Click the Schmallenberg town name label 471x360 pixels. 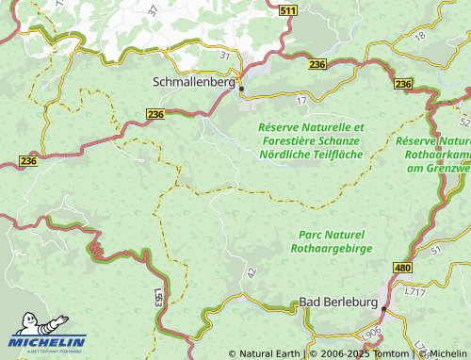pyautogui.click(x=193, y=82)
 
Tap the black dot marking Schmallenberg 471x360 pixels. pyautogui.click(x=242, y=90)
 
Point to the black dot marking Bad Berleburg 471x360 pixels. pyautogui.click(x=384, y=308)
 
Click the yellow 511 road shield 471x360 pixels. pyautogui.click(x=289, y=9)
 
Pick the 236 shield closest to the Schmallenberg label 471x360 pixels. pyautogui.click(x=156, y=113)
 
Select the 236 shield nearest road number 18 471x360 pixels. pyautogui.click(x=404, y=85)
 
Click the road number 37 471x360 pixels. pyautogui.click(x=154, y=9)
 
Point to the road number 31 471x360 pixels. pyautogui.click(x=224, y=56)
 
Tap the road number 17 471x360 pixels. pyautogui.click(x=301, y=99)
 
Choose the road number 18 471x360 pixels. pyautogui.click(x=420, y=35)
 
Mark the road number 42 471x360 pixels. pyautogui.click(x=251, y=271)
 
